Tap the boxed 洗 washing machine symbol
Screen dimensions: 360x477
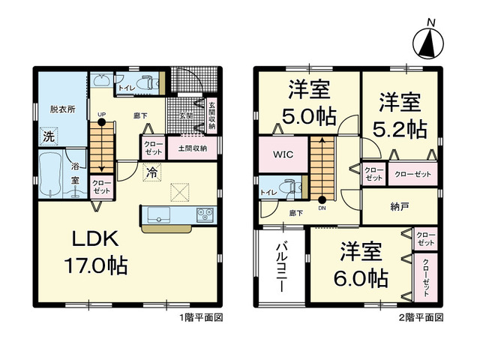(48, 138)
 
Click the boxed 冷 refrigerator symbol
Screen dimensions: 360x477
(151, 172)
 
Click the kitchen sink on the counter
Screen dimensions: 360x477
(158, 215)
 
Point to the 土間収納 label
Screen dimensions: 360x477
(193, 148)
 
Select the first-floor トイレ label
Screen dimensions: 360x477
(126, 87)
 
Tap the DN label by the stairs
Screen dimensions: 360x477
(322, 209)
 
